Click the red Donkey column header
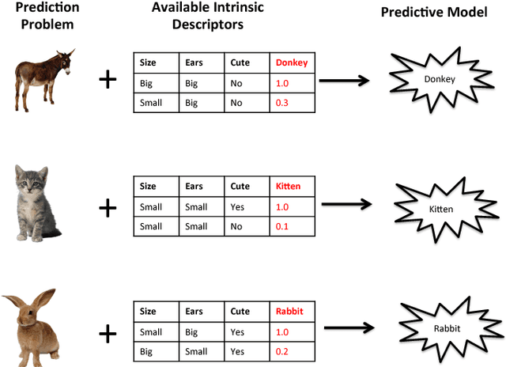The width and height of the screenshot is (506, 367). [x=292, y=62]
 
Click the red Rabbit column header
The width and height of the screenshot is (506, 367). [x=290, y=312]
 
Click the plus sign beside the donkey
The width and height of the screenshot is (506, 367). [x=106, y=80]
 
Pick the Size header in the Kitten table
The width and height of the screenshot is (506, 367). [x=148, y=187]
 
